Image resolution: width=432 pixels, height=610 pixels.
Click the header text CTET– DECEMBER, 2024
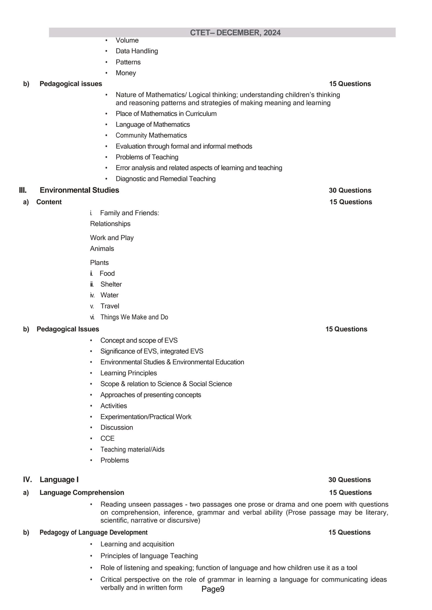pos(235,33)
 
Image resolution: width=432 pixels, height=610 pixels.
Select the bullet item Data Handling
pos(137,51)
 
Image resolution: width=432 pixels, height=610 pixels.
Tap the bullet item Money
pos(126,73)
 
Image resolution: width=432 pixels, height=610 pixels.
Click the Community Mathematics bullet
pos(151,135)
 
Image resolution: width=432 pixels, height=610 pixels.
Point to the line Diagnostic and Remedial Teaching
pos(166,179)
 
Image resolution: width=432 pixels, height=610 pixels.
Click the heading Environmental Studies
pos(79,190)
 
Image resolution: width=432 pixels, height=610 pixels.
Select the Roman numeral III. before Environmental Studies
pos(23,190)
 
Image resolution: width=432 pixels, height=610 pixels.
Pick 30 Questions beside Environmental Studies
pos(350,190)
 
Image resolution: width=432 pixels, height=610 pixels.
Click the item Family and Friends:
pos(129,213)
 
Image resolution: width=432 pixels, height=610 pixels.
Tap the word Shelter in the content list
pos(111,284)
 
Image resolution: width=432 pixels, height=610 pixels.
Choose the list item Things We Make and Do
pos(134,317)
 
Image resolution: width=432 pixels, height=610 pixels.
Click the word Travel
pos(110,306)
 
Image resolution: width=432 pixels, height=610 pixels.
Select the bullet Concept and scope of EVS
pos(139,340)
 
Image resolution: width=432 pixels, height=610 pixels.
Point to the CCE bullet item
pos(107,438)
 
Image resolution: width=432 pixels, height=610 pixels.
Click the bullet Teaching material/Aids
pos(132,449)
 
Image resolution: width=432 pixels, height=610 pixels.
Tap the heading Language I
pos(59,479)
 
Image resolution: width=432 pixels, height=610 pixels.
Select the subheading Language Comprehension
pos(82,492)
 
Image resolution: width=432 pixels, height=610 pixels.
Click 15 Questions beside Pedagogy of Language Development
pos(349,532)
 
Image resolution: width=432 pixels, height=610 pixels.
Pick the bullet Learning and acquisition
pos(137,544)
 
